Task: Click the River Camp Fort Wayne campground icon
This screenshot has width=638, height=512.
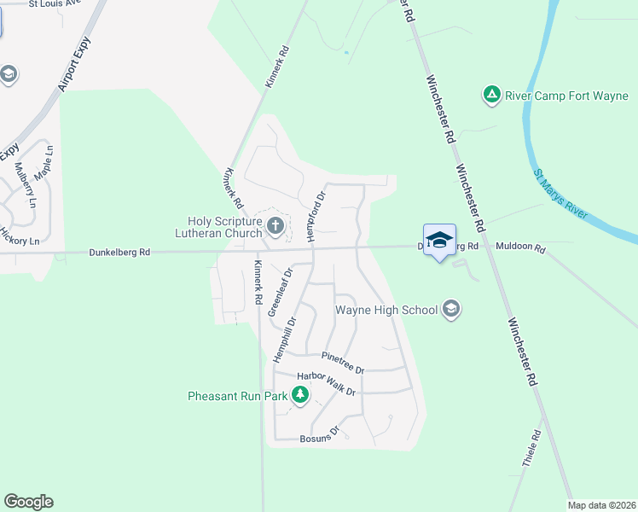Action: coord(491,95)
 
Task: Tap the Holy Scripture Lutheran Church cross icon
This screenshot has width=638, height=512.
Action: coord(275,226)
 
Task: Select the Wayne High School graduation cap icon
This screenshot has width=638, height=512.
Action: coord(451,310)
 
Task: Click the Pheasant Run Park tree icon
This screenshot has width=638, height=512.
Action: coord(299,395)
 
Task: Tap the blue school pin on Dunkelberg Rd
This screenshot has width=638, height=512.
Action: coord(439,241)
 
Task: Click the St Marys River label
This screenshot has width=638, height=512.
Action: coord(560,195)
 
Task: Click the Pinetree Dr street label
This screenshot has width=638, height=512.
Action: coord(343,363)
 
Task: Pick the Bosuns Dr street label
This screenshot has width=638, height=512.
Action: coord(321,435)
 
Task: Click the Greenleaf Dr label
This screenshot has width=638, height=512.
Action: coord(280,293)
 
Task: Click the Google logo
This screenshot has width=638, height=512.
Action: coord(28,502)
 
